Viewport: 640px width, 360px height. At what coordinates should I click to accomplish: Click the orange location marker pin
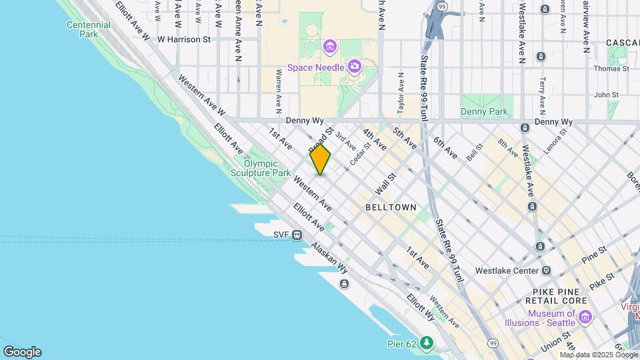pos(320,160)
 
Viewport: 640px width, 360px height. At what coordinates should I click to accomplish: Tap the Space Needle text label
pos(316,67)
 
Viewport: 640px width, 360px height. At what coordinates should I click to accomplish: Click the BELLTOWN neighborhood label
pos(391,207)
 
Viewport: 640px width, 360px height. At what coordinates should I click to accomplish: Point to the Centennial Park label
pos(88,29)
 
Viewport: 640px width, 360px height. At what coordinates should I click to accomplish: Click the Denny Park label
pos(485,112)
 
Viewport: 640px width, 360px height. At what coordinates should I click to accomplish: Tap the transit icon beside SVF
pos(297,235)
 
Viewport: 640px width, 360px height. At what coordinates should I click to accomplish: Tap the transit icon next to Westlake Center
pos(546,271)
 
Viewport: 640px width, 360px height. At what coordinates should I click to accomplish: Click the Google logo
pos(22,352)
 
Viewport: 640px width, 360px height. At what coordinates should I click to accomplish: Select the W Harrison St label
pos(184,39)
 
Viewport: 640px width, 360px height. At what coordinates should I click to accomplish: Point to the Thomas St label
pos(611,69)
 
